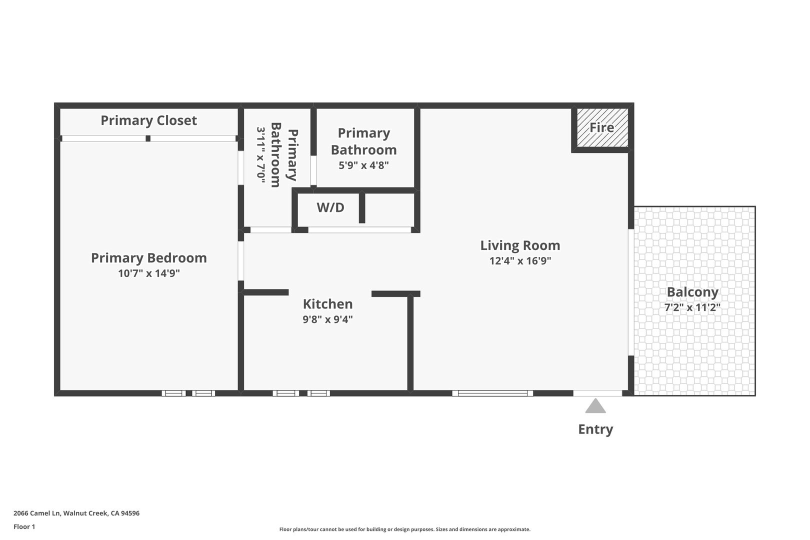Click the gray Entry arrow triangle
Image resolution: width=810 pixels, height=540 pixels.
[x=595, y=406]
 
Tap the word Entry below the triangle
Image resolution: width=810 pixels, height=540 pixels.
[x=595, y=429]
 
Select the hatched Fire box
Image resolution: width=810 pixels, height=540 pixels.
[x=602, y=127]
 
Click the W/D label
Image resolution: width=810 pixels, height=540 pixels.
[x=330, y=207]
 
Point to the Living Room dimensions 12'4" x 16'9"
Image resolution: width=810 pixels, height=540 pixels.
[x=520, y=261]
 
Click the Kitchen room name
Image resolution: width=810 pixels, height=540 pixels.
[x=327, y=304]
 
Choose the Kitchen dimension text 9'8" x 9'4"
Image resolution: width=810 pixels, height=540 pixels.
[x=327, y=319]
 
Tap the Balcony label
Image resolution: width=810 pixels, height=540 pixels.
[x=692, y=292]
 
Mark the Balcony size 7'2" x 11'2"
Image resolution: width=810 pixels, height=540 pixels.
[x=692, y=307]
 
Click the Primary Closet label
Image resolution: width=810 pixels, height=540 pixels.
[x=148, y=120]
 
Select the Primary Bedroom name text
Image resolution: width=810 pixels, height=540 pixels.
[x=148, y=258]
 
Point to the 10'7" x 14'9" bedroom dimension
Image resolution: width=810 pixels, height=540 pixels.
[x=148, y=273]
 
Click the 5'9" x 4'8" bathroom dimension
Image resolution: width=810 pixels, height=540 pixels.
[x=363, y=165]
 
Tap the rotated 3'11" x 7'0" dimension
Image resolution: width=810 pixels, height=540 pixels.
[x=261, y=154]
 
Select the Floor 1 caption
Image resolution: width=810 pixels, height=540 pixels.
[x=24, y=527]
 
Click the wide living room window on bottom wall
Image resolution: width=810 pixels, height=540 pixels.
[x=492, y=393]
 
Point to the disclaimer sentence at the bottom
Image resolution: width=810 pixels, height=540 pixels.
[x=404, y=529]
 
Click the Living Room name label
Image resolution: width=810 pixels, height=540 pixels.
[x=520, y=245]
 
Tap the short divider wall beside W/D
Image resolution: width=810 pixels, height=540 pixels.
[x=362, y=207]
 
